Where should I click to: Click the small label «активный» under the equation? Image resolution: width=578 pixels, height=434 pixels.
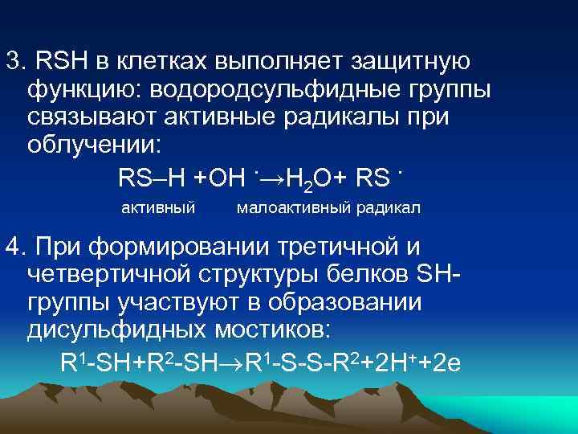tap(158, 208)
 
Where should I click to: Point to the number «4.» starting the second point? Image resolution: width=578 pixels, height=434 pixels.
tap(15, 245)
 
